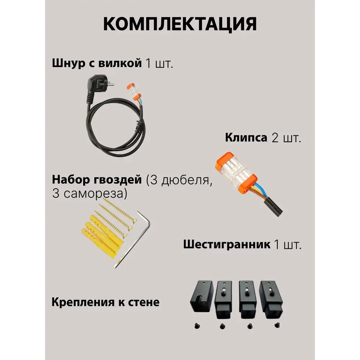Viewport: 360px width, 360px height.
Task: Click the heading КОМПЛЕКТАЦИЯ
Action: (x=180, y=24)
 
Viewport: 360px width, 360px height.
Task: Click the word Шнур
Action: (x=69, y=63)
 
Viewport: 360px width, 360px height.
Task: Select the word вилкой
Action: (x=120, y=63)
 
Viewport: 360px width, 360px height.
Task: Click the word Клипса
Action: (x=246, y=138)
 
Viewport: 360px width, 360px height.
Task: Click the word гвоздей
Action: (x=118, y=180)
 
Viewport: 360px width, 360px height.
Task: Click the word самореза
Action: (x=94, y=193)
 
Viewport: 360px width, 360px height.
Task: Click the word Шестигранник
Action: (x=227, y=245)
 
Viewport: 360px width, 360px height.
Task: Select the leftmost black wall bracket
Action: (x=202, y=296)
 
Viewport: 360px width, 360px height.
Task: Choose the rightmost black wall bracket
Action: (x=271, y=299)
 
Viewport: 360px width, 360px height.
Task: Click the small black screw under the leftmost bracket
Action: (x=197, y=326)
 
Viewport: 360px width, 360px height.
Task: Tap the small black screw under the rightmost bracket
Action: (x=277, y=325)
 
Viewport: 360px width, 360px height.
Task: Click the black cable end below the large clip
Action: (x=274, y=207)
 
